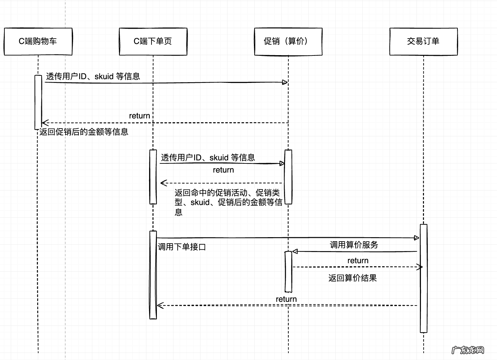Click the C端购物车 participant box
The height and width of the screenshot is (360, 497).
(38, 41)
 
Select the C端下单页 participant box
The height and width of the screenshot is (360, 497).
(153, 41)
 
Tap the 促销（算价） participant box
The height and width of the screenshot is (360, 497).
(288, 41)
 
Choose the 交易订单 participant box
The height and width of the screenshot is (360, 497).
(423, 41)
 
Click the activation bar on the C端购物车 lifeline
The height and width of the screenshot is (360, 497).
(38, 102)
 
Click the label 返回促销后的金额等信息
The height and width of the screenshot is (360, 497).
(84, 132)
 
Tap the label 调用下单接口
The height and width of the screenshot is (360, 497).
(182, 247)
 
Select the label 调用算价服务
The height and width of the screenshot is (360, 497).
(354, 245)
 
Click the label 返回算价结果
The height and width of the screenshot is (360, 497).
(352, 278)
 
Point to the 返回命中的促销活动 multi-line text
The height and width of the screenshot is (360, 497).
(228, 202)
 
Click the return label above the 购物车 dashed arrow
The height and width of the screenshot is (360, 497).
(139, 116)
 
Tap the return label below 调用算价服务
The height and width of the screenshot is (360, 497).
(358, 261)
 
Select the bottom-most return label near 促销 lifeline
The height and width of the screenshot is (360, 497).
(286, 299)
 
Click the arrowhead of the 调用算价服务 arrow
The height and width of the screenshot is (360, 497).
(295, 251)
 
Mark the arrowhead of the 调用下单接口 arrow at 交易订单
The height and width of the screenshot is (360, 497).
(417, 238)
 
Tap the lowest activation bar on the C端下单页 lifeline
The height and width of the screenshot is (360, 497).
(153, 275)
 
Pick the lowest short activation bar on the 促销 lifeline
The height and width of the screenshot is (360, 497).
(288, 271)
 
